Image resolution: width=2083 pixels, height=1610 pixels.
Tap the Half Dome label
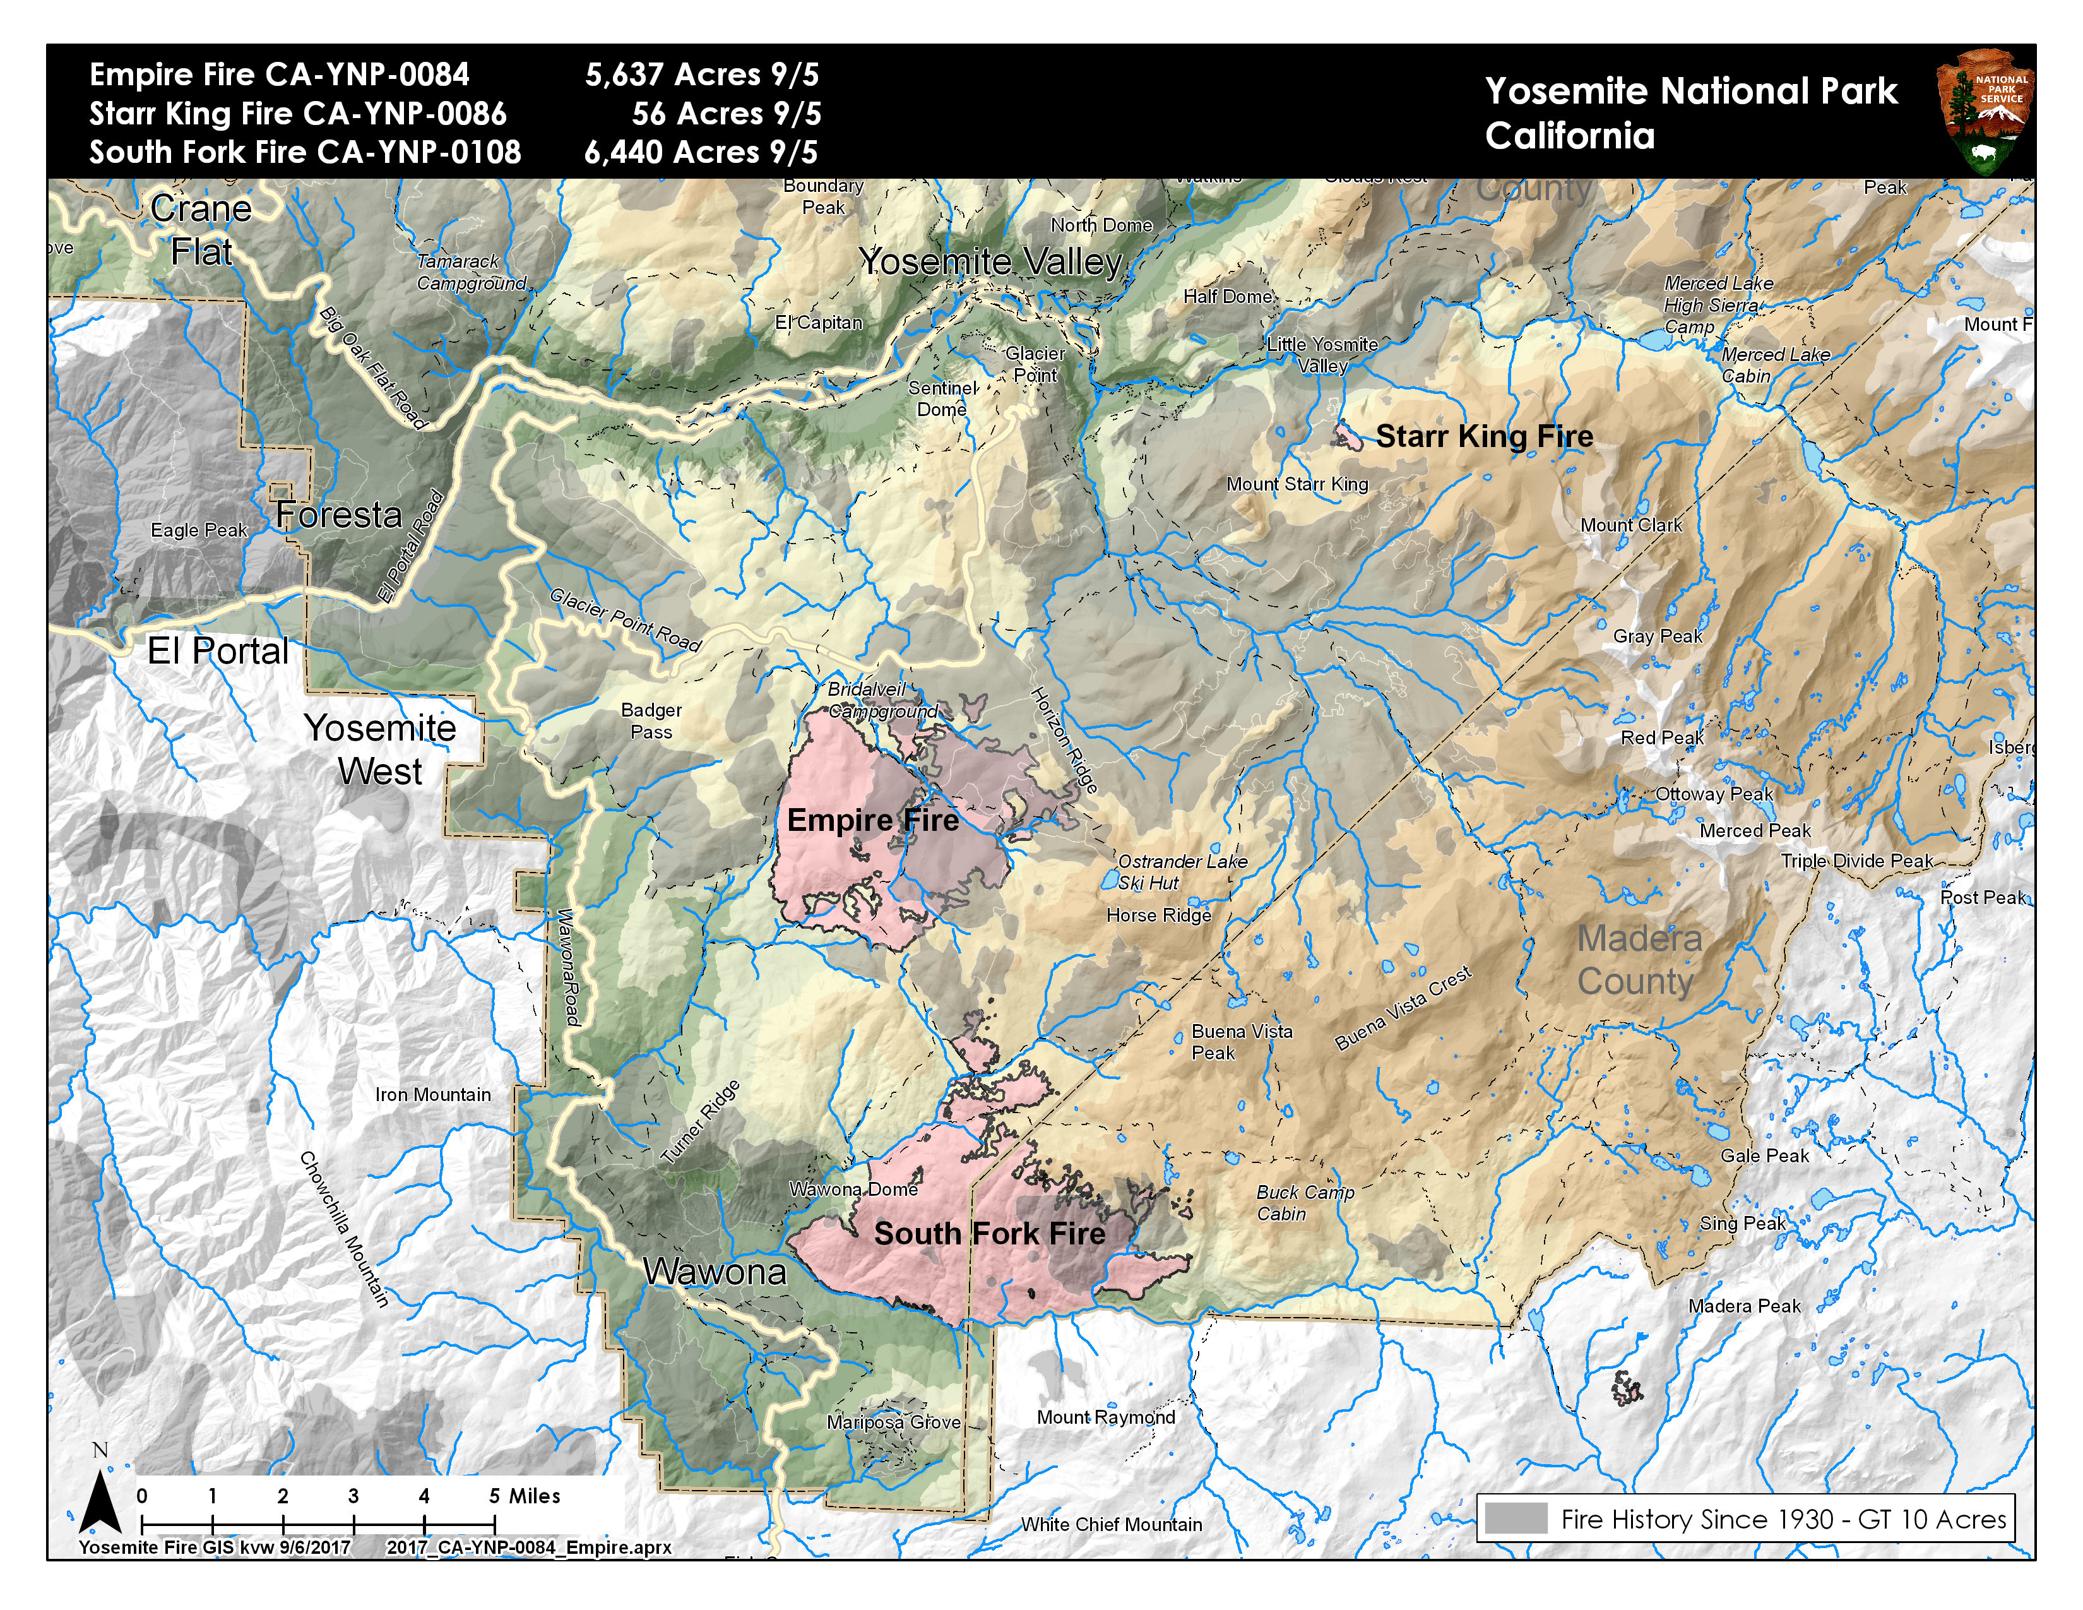1228,297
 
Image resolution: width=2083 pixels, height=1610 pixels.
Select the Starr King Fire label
1484,437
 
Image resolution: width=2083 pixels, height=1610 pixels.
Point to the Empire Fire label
873,820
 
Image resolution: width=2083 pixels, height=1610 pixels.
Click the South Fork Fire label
990,1233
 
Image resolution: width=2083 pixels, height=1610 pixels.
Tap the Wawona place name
715,1272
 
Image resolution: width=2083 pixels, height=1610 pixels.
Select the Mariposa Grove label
894,1422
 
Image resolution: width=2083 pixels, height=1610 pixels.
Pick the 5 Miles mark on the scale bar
525,1496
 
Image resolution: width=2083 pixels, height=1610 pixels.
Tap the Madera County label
1637,960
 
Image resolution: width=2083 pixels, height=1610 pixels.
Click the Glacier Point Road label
626,620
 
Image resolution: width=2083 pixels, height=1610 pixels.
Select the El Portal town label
218,652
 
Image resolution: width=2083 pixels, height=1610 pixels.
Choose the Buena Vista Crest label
1403,1008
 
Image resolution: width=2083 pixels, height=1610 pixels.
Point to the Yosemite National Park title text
1691,92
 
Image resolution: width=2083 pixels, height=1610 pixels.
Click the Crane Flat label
201,230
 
